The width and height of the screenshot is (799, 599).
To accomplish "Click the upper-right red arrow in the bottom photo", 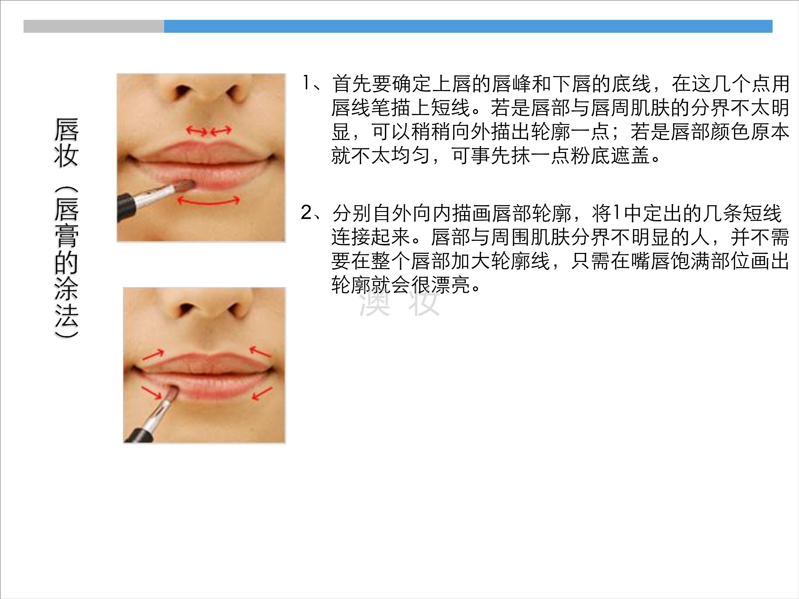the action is pos(260,351).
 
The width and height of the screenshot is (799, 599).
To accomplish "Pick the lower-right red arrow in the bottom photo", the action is pos(262,393).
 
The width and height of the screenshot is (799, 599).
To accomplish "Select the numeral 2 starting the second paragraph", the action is pos(306,213).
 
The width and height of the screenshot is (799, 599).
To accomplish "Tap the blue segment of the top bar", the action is pos(468,26).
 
